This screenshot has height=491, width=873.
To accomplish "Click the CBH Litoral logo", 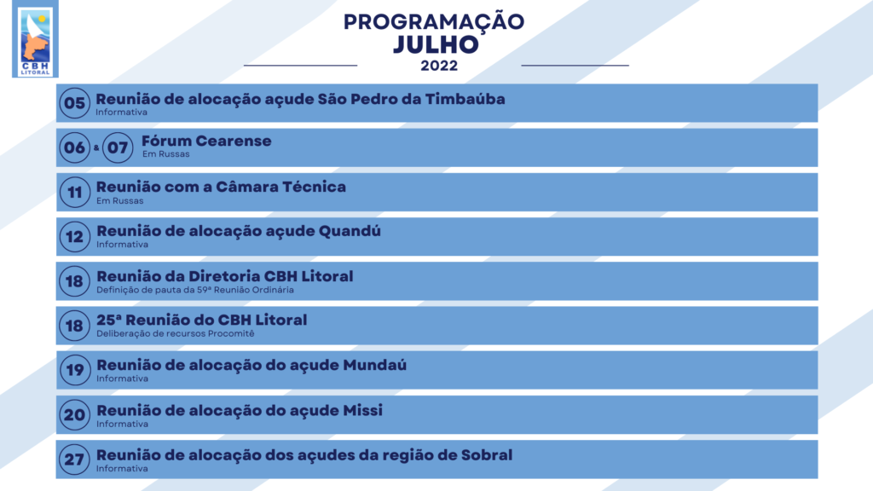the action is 35,39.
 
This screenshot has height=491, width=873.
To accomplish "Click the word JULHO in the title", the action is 436,45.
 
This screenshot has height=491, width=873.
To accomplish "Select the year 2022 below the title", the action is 439,66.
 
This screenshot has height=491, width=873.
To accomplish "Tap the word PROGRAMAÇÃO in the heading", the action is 434,21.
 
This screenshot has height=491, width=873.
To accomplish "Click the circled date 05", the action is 75,103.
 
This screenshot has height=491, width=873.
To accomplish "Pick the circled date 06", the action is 75,147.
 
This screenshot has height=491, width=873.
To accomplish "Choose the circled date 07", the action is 118,147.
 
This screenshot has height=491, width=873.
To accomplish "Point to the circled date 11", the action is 75,192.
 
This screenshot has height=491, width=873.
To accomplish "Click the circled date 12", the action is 75,237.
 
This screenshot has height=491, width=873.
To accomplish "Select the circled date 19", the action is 75,370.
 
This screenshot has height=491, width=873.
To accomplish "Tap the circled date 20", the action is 75,415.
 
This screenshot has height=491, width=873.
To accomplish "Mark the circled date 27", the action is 75,459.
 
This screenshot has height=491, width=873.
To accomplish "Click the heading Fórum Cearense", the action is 206,141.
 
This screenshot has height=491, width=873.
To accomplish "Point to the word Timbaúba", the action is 465,99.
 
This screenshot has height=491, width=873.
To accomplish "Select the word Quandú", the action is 350,231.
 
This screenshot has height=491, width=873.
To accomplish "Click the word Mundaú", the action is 375,365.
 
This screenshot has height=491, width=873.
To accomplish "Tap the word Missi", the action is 362,411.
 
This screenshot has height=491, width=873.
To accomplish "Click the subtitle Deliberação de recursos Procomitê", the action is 176,333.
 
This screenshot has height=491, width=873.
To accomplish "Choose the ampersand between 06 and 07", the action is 96,147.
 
